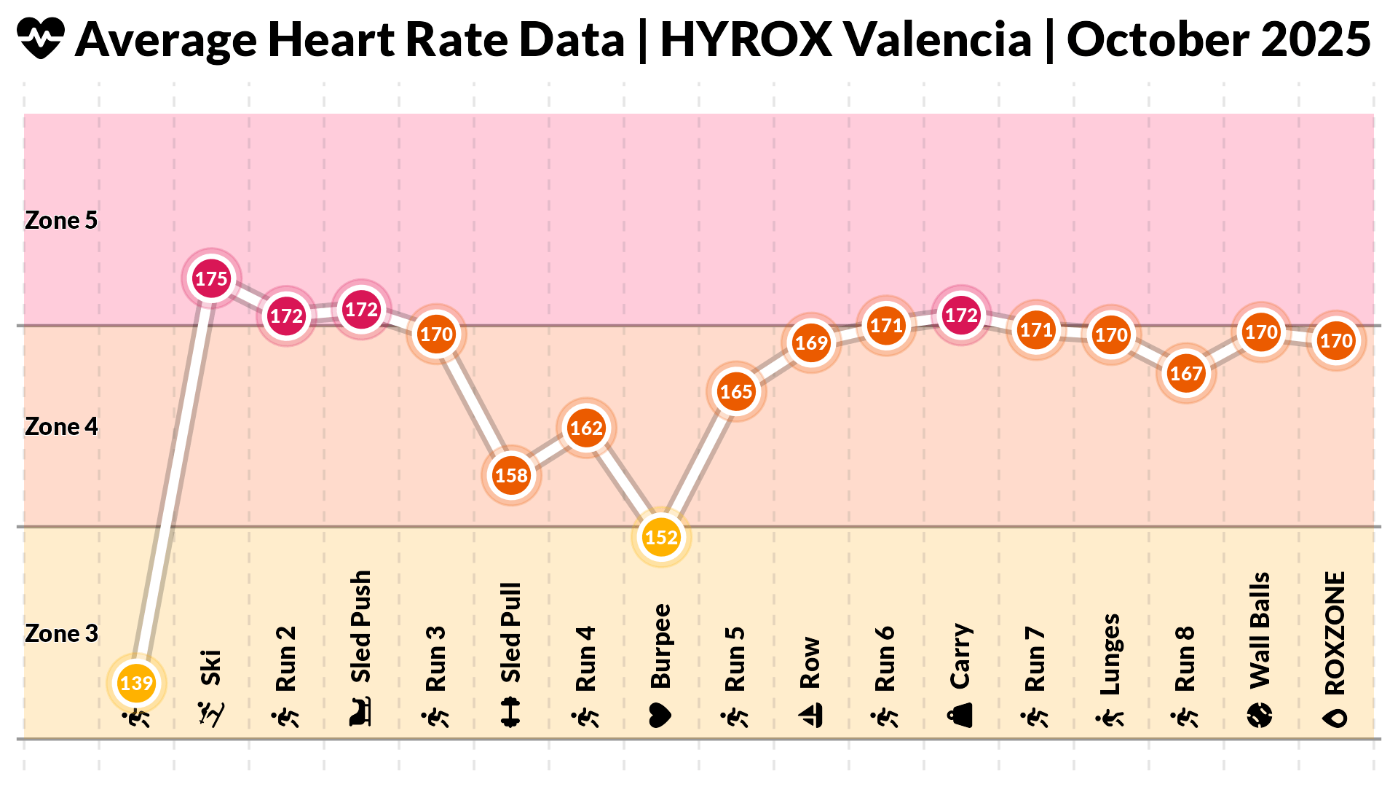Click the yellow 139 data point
pyautogui.click(x=136, y=683)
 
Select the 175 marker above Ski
pyautogui.click(x=211, y=278)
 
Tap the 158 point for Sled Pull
pyautogui.click(x=511, y=475)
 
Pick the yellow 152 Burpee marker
pyautogui.click(x=661, y=537)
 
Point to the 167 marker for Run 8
pyautogui.click(x=1185, y=373)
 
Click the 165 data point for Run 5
pyautogui.click(x=736, y=391)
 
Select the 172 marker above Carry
pyautogui.click(x=961, y=315)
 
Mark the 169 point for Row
pyautogui.click(x=811, y=342)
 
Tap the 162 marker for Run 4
pyautogui.click(x=586, y=428)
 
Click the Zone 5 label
pyautogui.click(x=61, y=221)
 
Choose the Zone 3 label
pyautogui.click(x=61, y=634)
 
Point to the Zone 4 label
pyautogui.click(x=61, y=427)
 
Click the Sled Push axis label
pyautogui.click(x=361, y=627)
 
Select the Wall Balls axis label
pyautogui.click(x=1260, y=630)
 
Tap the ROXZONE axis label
pyautogui.click(x=1335, y=633)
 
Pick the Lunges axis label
pyautogui.click(x=1110, y=654)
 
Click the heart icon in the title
pyautogui.click(x=41, y=39)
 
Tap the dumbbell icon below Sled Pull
pyautogui.click(x=511, y=713)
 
